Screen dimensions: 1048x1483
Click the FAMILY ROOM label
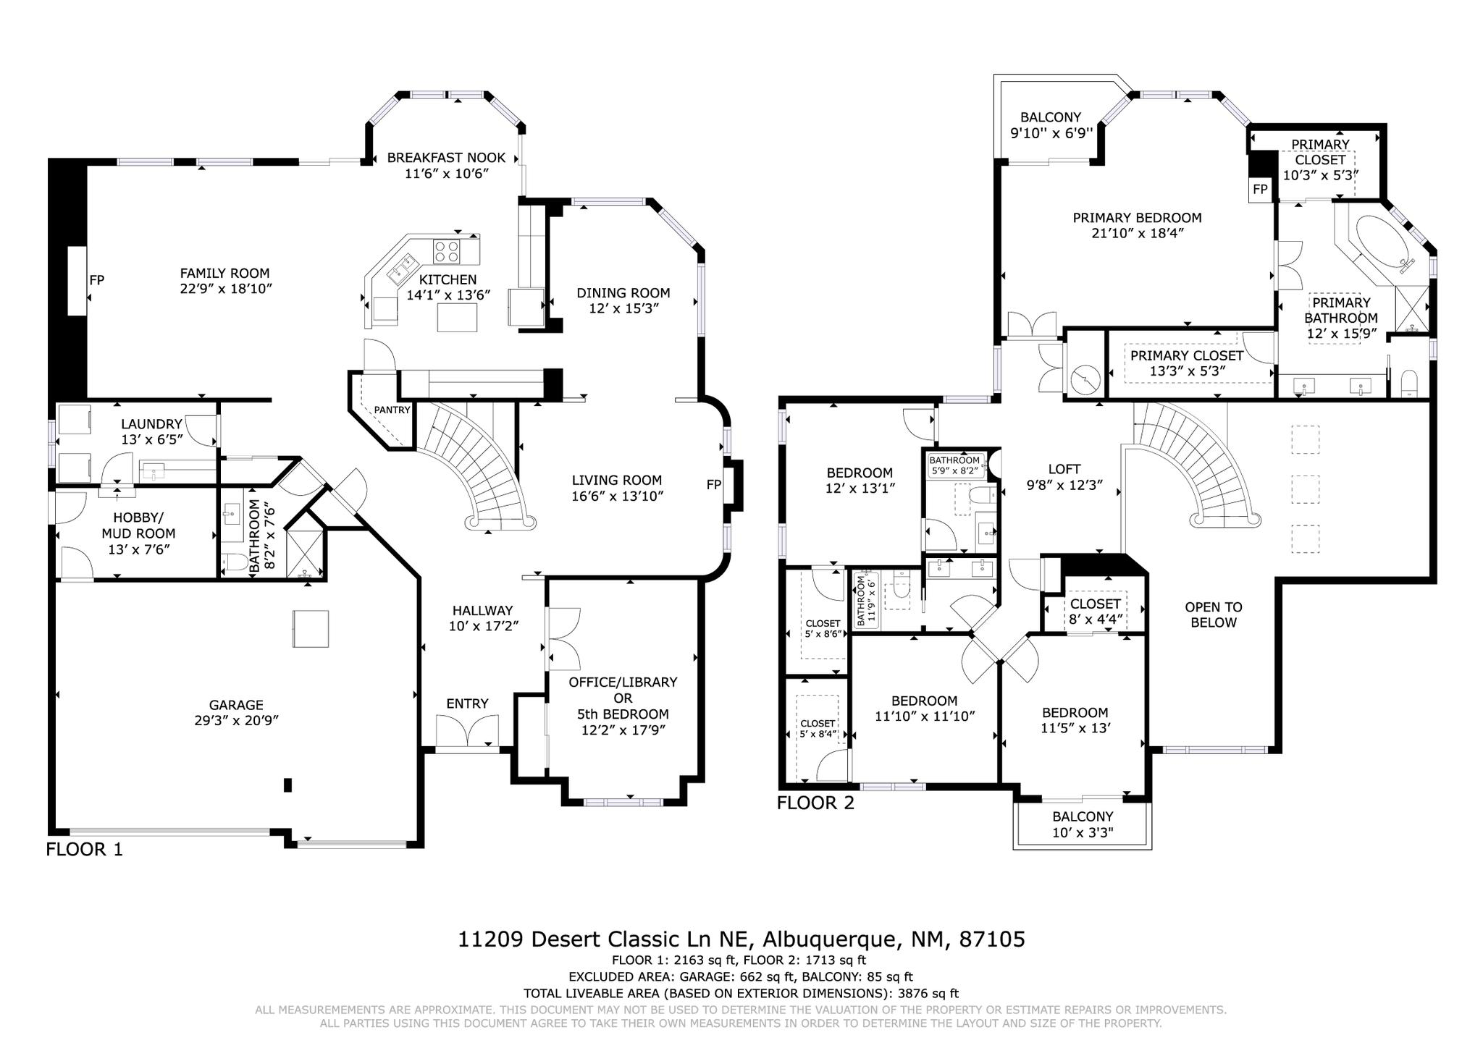[224, 274]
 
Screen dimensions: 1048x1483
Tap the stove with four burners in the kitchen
[447, 251]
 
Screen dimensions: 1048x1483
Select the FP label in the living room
[714, 485]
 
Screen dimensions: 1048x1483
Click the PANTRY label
[392, 410]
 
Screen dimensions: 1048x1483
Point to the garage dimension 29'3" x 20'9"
[236, 720]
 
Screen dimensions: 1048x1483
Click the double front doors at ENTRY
[468, 730]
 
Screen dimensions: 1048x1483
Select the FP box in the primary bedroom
[1260, 190]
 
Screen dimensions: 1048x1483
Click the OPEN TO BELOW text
[1213, 614]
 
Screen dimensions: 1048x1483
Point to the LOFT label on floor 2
[1064, 469]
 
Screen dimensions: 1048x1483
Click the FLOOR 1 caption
[85, 849]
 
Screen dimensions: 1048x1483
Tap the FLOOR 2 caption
[815, 803]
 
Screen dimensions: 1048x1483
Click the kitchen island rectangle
[458, 317]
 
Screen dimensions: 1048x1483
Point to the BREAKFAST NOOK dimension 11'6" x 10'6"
[447, 174]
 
